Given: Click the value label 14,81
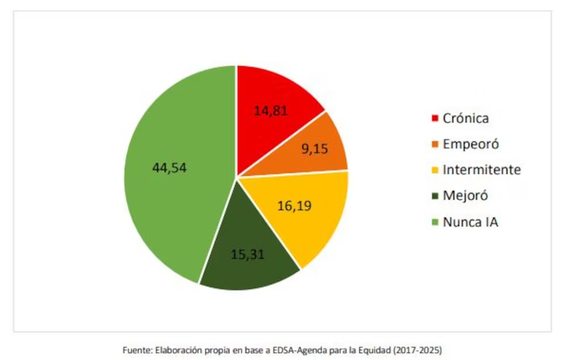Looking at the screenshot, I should click(271, 110).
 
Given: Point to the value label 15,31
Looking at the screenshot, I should click(248, 253).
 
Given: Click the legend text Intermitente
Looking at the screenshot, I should click(481, 170).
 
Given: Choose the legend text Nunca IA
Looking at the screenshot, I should click(470, 222).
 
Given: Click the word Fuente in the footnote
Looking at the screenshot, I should click(137, 350).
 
